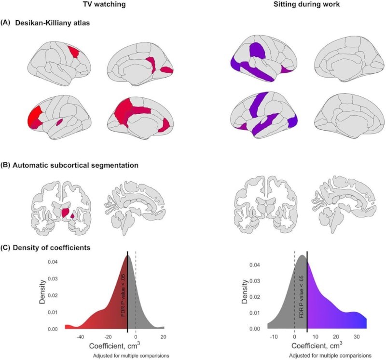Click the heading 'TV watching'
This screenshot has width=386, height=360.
[x=104, y=4]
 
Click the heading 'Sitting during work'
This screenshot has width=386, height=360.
[x=307, y=4]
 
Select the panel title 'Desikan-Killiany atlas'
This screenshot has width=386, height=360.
[x=53, y=23]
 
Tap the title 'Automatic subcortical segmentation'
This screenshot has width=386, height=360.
[x=75, y=165]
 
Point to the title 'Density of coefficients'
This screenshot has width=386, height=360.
[x=52, y=247]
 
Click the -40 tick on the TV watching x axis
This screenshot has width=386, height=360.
[x=80, y=337]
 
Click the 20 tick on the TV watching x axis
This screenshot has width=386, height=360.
[x=163, y=337]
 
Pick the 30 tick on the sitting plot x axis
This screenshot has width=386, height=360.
[x=357, y=337]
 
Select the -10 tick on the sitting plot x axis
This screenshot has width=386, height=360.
[x=274, y=337]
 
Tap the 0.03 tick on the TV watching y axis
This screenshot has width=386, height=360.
[x=53, y=279]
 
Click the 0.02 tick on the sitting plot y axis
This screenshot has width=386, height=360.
[x=255, y=297]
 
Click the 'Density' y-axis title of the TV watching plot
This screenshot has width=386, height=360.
[x=42, y=292]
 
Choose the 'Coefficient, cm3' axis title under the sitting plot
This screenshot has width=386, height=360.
[x=317, y=346]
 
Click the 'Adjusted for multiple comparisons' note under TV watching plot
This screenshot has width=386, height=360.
[x=131, y=356]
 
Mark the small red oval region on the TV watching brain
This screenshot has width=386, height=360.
[x=59, y=122]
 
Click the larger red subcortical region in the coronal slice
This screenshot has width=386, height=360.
[x=66, y=213]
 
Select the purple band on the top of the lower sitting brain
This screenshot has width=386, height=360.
[x=259, y=103]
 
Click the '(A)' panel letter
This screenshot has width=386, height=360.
[x=5, y=23]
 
